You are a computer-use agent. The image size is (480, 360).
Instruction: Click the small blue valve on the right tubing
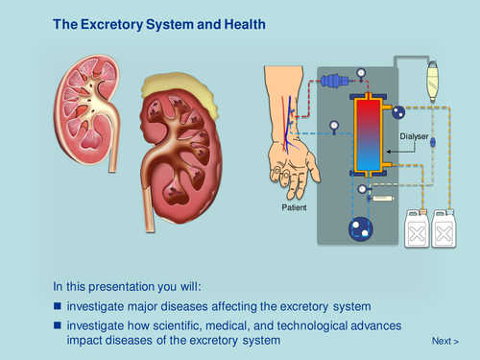pyautogui.click(x=433, y=143)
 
